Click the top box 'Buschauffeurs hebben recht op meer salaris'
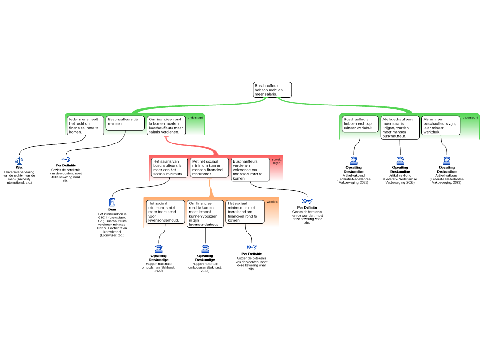(272, 90)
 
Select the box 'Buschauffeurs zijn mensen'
(124, 122)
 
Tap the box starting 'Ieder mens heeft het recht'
(85, 125)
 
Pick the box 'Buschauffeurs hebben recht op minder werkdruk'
(360, 124)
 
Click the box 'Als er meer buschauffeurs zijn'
(440, 125)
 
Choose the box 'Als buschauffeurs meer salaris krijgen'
(400, 127)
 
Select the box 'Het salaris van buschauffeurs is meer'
(169, 167)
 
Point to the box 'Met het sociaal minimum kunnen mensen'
(209, 167)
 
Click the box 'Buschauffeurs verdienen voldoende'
(250, 169)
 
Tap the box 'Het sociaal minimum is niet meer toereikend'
(165, 212)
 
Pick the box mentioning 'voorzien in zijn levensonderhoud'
(205, 214)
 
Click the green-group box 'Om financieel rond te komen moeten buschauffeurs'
(165, 125)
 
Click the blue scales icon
(19, 160)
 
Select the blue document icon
(112, 202)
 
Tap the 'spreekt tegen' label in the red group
(277, 161)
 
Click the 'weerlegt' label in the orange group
(272, 202)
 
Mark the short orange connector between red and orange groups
(210, 189)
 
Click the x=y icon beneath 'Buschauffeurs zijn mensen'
(66, 158)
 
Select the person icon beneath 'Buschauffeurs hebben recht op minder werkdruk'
(353, 161)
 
